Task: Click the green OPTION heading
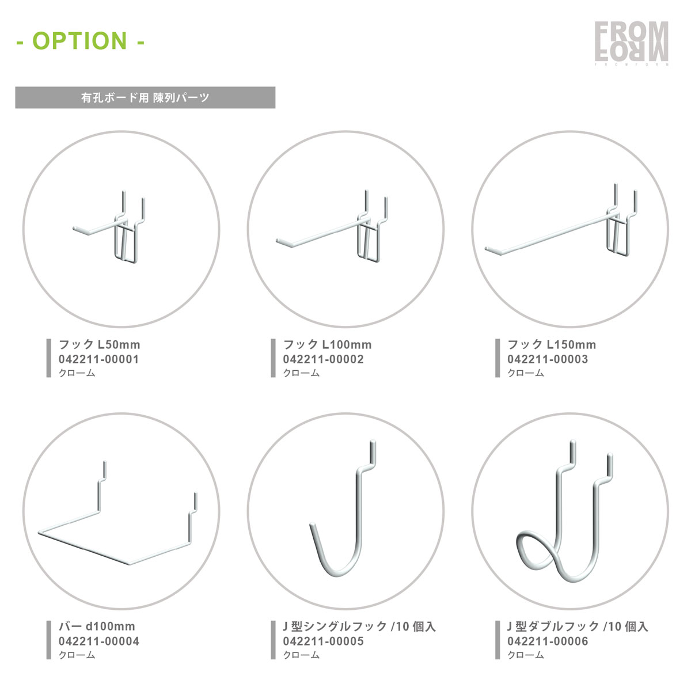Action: [x=80, y=41]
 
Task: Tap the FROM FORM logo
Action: [x=632, y=43]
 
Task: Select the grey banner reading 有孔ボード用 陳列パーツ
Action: [x=145, y=97]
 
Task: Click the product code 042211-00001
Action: [x=98, y=359]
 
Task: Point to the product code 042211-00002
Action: [x=323, y=359]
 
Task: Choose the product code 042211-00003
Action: [x=548, y=359]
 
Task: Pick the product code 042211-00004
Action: [x=99, y=641]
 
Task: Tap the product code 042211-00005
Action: [x=323, y=641]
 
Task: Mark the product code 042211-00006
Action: [x=548, y=641]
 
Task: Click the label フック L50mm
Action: [x=99, y=344]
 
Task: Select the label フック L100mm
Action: [x=328, y=344]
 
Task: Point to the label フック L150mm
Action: [x=552, y=344]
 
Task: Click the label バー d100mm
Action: [x=97, y=627]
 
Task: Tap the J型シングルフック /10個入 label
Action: [x=359, y=627]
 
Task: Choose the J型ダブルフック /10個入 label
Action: [x=578, y=627]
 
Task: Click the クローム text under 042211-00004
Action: [x=77, y=655]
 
